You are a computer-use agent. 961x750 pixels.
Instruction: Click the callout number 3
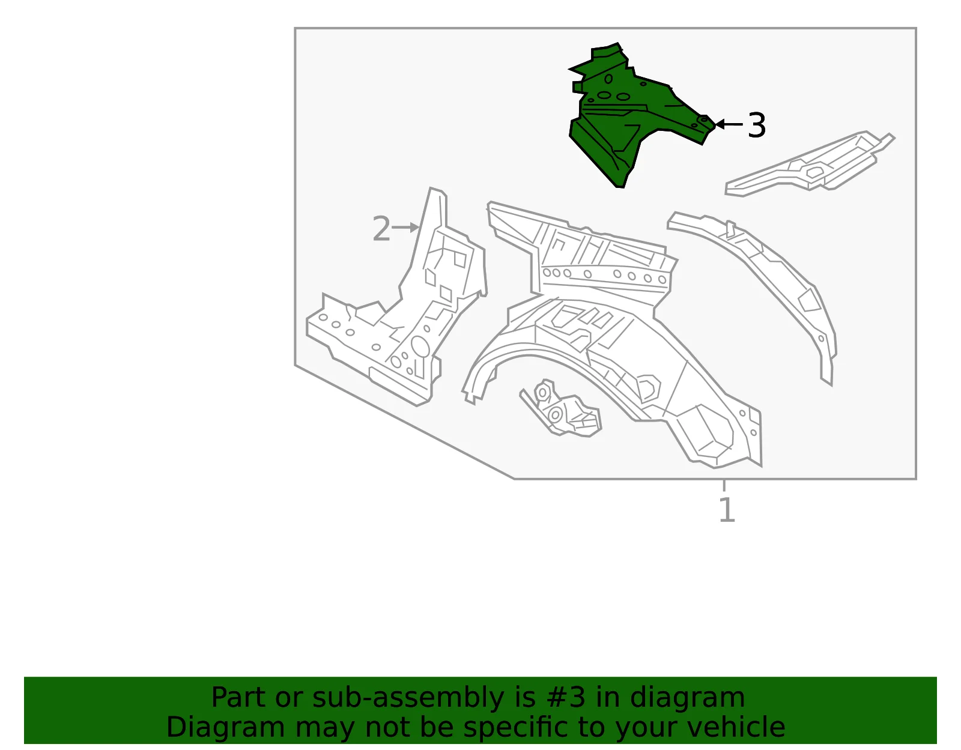point(756,125)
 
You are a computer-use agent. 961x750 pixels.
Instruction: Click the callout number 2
point(381,229)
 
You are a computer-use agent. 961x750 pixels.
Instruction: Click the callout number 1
point(727,510)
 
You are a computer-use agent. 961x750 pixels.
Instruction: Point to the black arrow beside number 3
point(729,125)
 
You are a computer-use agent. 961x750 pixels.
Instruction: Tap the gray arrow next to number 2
point(405,228)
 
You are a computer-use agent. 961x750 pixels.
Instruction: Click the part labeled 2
point(398,309)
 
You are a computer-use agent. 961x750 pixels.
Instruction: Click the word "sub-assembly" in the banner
point(408,698)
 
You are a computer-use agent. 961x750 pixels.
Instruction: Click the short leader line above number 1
point(724,486)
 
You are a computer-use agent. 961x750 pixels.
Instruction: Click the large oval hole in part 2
point(420,346)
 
